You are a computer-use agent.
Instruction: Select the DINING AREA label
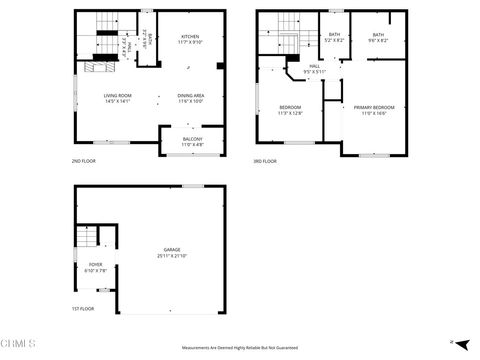tap(191, 95)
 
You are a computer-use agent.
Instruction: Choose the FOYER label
tap(95, 265)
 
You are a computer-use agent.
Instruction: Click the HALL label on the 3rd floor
tap(314, 66)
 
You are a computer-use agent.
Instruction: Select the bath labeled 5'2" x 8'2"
tap(334, 35)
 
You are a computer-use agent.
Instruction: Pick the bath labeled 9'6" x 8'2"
tap(378, 35)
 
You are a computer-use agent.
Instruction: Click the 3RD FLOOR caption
tap(267, 160)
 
